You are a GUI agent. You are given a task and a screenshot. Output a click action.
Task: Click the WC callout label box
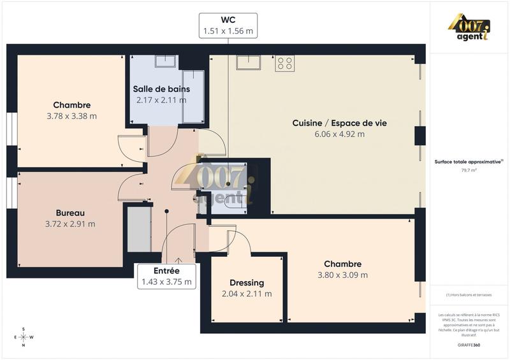(x=228, y=25)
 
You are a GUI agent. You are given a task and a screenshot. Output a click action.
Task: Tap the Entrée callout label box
(x=166, y=276)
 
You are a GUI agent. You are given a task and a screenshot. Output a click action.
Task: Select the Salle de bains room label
(x=161, y=89)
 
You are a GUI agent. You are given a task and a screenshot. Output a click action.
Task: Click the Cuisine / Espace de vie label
(x=339, y=123)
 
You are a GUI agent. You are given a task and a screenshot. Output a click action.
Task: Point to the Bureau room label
(x=70, y=213)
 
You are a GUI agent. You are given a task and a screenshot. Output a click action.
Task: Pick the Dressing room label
(x=247, y=283)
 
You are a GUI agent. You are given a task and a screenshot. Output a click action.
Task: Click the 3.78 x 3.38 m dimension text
(x=71, y=117)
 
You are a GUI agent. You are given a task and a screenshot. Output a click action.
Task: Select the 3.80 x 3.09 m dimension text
(x=342, y=275)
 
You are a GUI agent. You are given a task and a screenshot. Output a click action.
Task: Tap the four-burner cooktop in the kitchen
(x=285, y=64)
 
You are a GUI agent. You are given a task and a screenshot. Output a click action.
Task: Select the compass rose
(x=24, y=337)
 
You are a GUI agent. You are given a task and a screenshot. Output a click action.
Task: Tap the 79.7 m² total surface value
(x=469, y=171)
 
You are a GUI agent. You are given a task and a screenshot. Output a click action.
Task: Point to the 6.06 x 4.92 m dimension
(x=339, y=134)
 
